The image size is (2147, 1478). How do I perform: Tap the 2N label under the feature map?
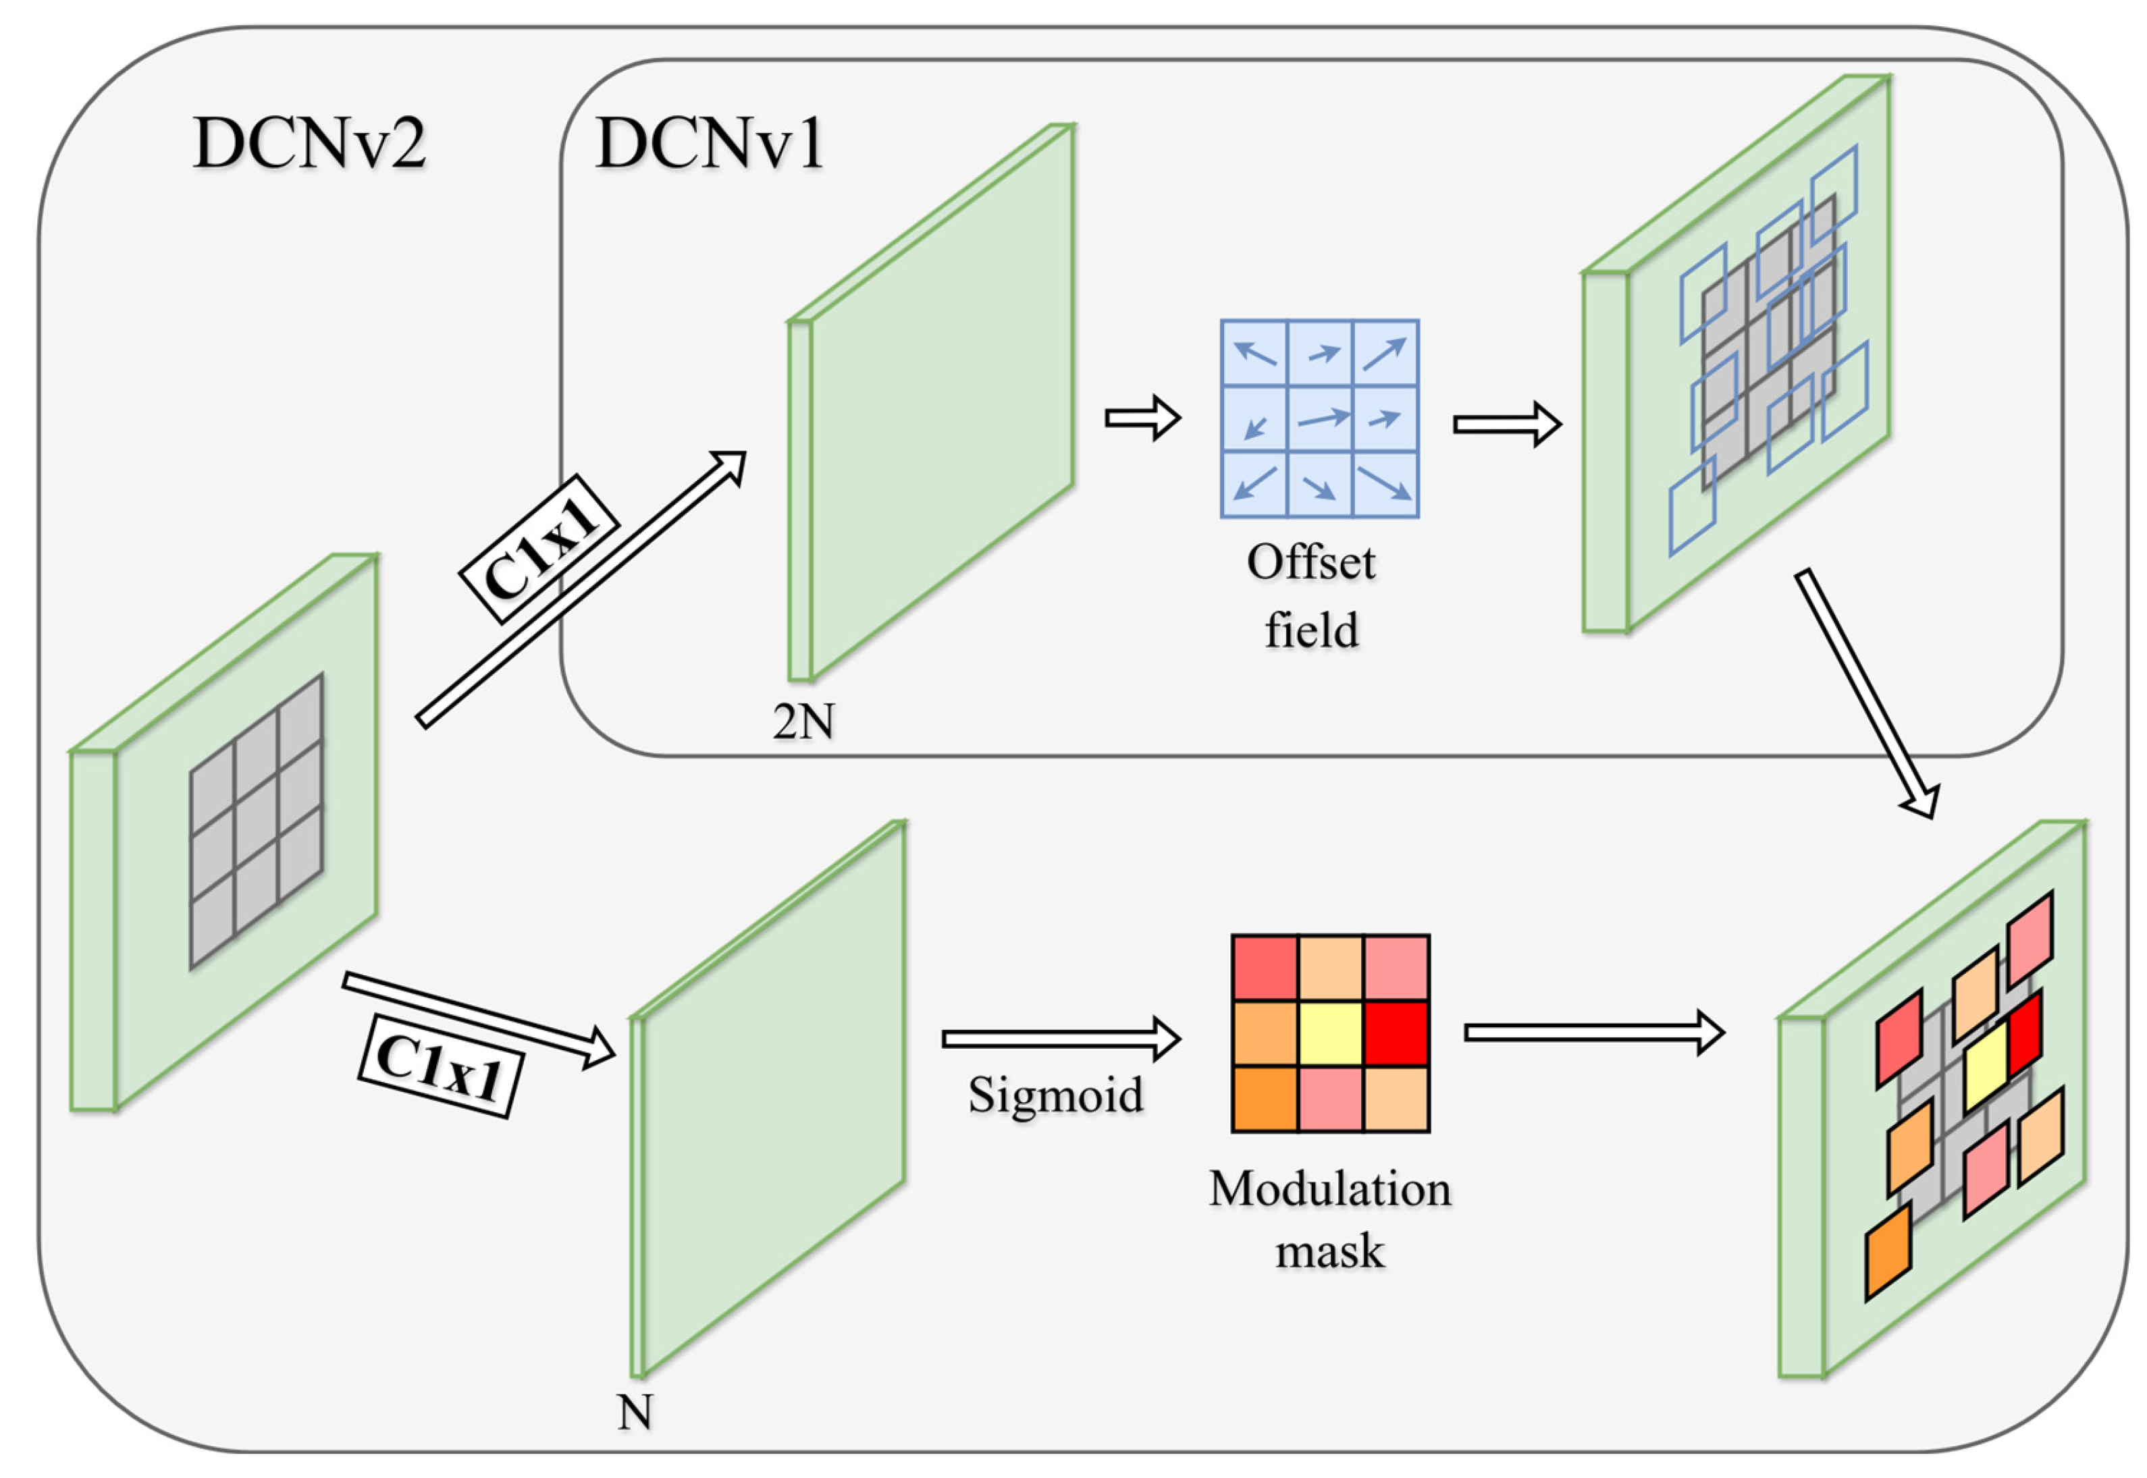[803, 721]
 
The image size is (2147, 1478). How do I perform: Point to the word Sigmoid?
[1055, 1095]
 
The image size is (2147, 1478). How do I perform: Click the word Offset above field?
[1310, 562]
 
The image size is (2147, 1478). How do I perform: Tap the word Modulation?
[1329, 1188]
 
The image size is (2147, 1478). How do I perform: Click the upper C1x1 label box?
[539, 548]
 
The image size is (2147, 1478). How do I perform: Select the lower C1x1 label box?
[440, 1067]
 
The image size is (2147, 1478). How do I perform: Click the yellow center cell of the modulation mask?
[1330, 1033]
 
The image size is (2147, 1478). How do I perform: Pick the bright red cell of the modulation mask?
[1396, 1033]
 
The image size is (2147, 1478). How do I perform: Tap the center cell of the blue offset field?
[1320, 418]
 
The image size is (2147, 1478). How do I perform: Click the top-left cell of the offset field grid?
[1254, 353]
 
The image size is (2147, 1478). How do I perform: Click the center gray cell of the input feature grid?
[257, 821]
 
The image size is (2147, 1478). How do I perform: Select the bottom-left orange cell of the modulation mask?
[1265, 1099]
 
